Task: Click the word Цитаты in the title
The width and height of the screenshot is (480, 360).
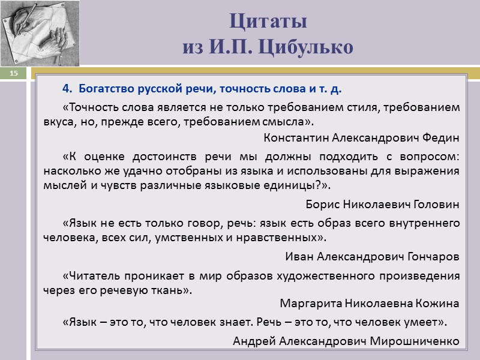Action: click(268, 22)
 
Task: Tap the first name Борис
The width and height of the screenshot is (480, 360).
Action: click(321, 204)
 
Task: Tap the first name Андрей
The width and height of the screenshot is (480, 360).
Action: click(252, 341)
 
